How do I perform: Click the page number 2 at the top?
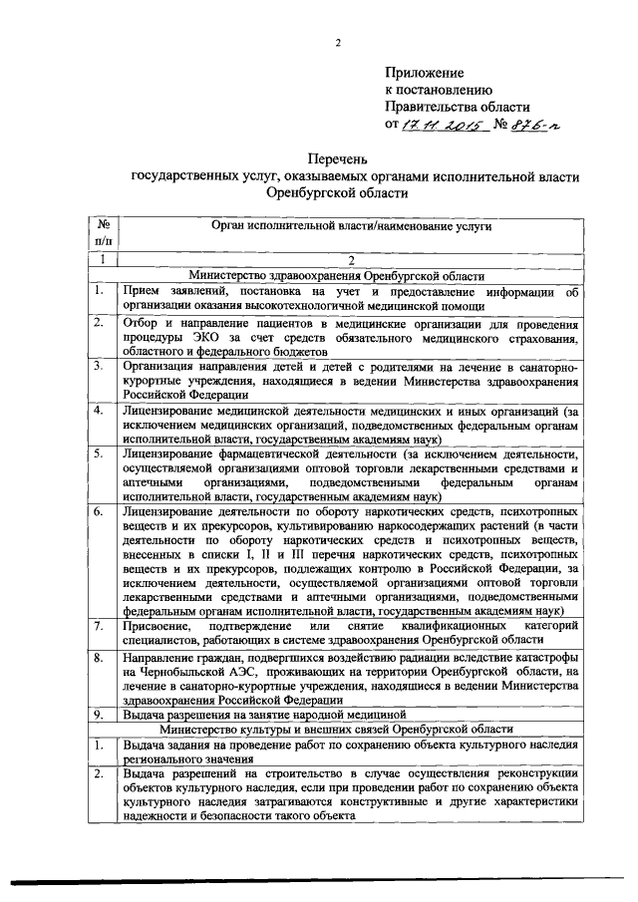coord(338,41)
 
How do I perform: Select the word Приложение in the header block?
coord(425,73)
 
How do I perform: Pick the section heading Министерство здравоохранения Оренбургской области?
coord(352,276)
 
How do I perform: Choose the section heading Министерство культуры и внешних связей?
coord(352,730)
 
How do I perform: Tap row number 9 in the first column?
coord(100,715)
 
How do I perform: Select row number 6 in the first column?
coord(100,512)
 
